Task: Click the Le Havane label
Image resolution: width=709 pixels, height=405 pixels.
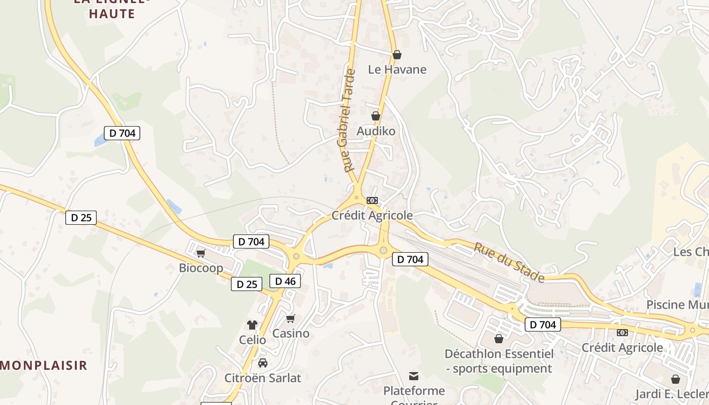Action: (x=397, y=69)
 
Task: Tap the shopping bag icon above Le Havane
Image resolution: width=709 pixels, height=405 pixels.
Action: (x=397, y=55)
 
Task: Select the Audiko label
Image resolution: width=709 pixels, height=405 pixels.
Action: (x=376, y=131)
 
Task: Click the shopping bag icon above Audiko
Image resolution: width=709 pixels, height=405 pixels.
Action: (x=376, y=116)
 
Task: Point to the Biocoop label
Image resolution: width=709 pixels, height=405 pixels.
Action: (x=201, y=268)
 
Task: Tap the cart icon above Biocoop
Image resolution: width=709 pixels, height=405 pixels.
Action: (x=201, y=253)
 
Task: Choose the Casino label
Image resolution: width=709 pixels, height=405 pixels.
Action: (x=291, y=334)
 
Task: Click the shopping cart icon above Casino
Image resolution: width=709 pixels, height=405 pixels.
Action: (x=291, y=319)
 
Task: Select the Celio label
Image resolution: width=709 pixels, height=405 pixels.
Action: (x=252, y=340)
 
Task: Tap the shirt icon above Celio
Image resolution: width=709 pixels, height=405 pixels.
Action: (x=252, y=325)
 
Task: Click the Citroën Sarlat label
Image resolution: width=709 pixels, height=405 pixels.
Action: (x=263, y=378)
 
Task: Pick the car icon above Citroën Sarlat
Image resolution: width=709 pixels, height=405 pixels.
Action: (x=263, y=363)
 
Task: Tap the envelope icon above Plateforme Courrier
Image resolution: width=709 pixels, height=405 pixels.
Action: (x=414, y=376)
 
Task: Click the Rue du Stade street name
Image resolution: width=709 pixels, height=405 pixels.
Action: (x=509, y=262)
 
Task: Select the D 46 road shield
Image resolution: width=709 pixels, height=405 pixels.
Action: (x=285, y=281)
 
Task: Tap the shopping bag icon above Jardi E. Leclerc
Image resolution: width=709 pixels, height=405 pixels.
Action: (x=676, y=379)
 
